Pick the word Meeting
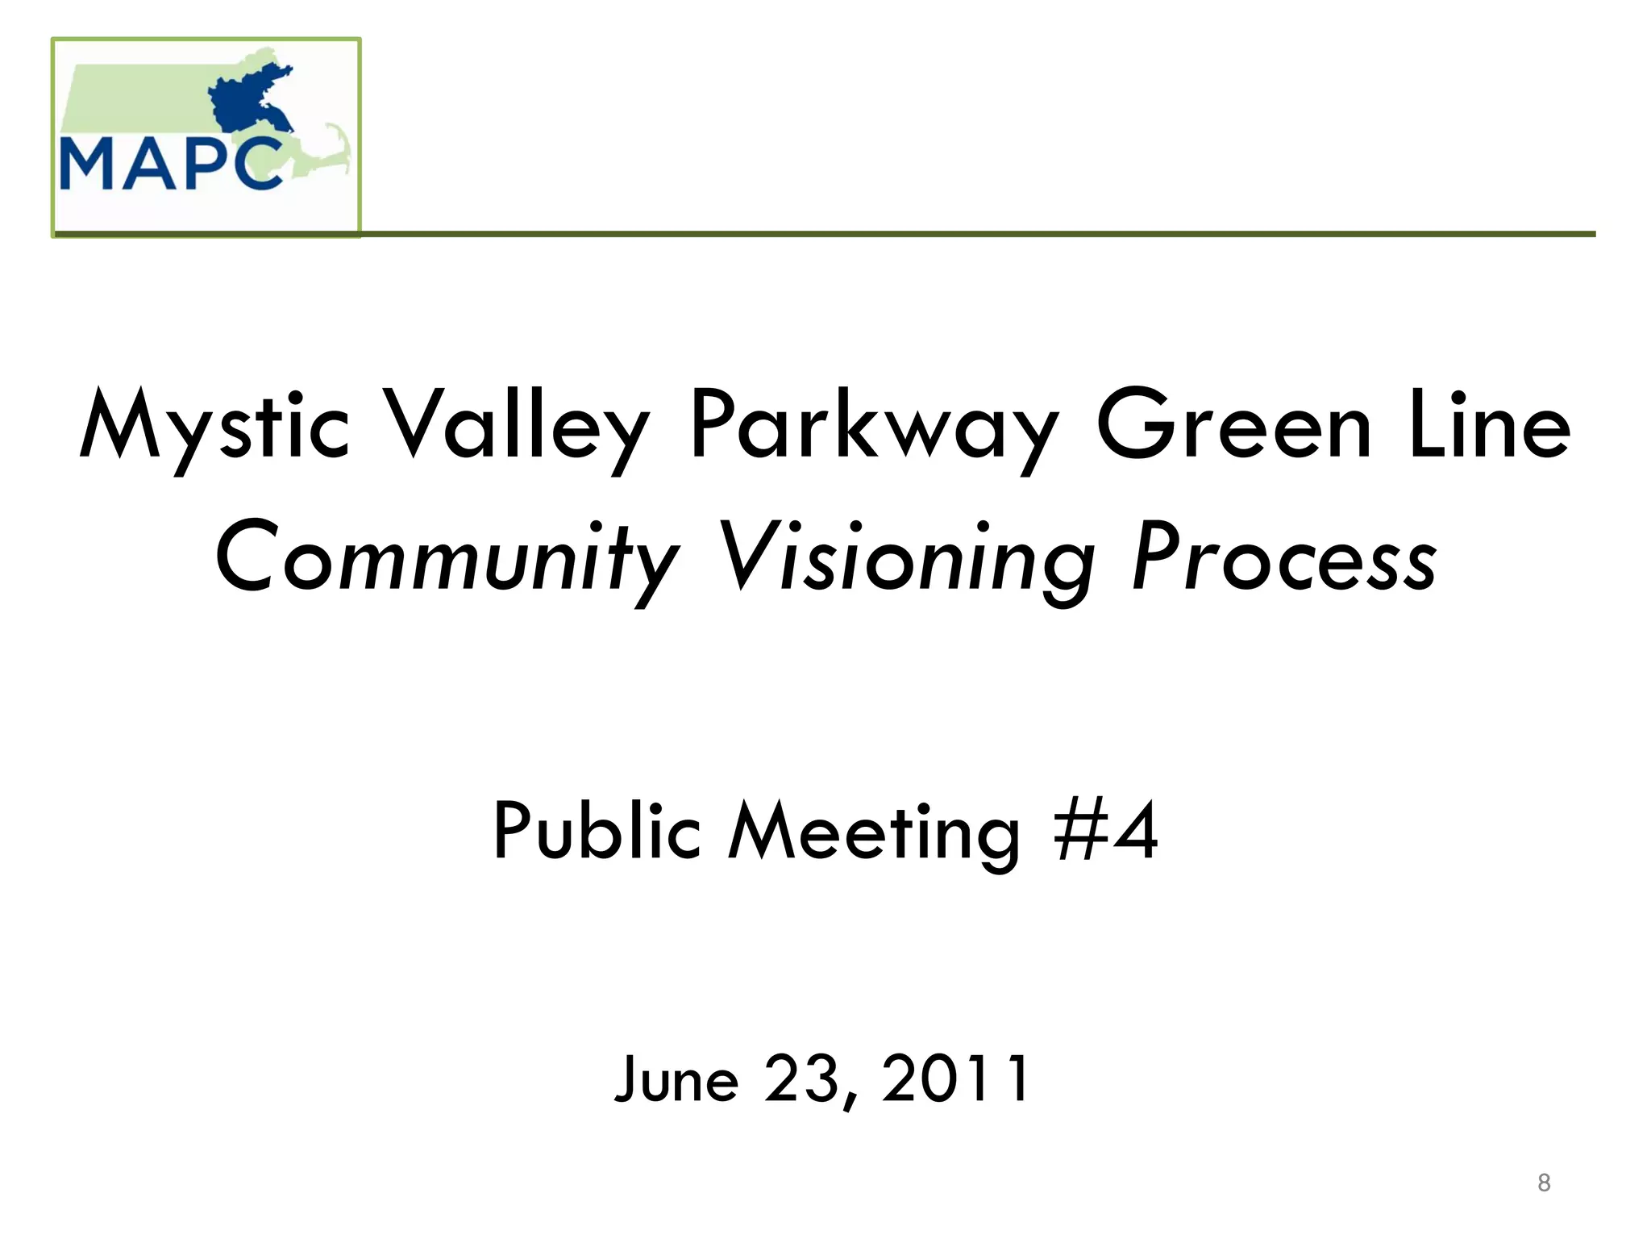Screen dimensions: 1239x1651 (874, 832)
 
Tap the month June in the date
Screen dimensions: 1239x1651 (676, 1079)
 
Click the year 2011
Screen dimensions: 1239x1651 (955, 1078)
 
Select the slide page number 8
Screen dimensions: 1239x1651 (1544, 1183)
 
